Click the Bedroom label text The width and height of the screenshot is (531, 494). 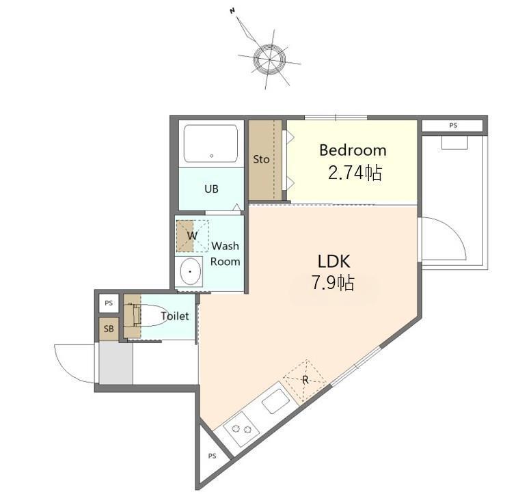[x=353, y=150]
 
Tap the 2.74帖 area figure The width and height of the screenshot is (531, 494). [x=355, y=173]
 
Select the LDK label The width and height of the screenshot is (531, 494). [x=333, y=262]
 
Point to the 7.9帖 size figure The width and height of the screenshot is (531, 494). [x=333, y=283]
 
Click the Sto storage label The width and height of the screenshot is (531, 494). [x=262, y=159]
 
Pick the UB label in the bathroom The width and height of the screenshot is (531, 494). [x=211, y=189]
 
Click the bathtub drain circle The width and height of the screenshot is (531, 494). [x=212, y=156]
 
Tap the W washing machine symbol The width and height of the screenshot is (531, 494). [x=192, y=236]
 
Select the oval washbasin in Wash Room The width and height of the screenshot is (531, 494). [x=191, y=271]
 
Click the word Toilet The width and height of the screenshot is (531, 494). [x=175, y=316]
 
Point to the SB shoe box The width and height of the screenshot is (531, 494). [x=109, y=329]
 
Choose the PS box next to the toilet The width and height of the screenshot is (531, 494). [x=109, y=303]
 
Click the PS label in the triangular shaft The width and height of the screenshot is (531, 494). [x=212, y=456]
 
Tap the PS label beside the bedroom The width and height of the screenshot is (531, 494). [x=453, y=126]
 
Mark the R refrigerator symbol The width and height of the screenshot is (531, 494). [x=305, y=380]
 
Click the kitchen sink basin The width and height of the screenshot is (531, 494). [x=276, y=401]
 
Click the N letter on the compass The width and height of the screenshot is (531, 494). [x=232, y=11]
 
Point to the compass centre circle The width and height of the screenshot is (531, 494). [x=269, y=59]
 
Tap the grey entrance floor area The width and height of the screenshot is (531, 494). [x=115, y=363]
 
